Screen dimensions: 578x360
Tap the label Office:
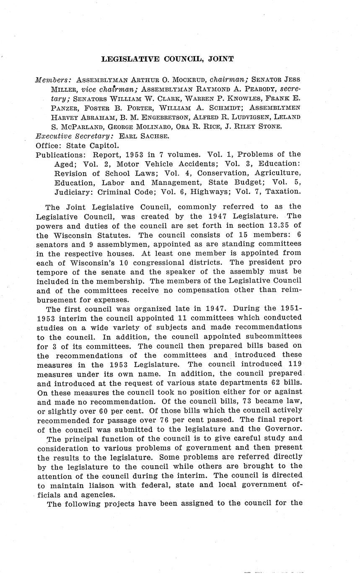coord(48,145)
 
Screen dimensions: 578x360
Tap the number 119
coord(294,364)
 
